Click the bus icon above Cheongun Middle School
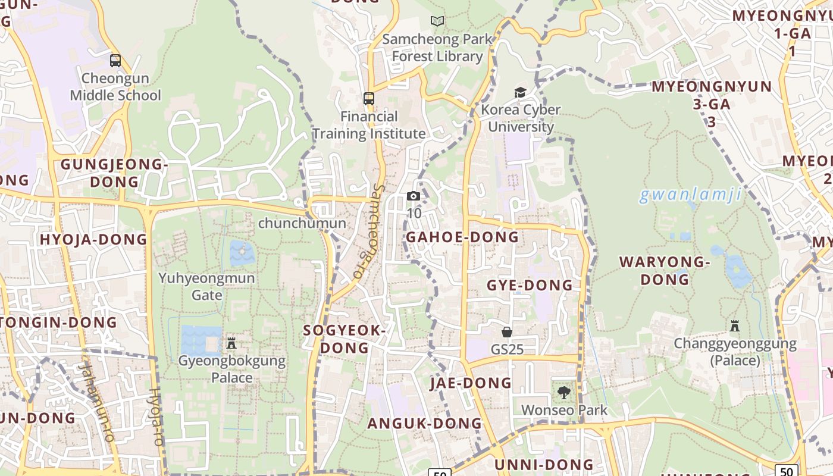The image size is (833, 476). pyautogui.click(x=115, y=61)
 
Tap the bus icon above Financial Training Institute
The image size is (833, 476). pyautogui.click(x=369, y=99)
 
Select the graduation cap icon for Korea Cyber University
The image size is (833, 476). pyautogui.click(x=521, y=92)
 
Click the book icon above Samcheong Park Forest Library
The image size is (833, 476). pyautogui.click(x=437, y=21)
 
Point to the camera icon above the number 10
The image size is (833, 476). pyautogui.click(x=414, y=196)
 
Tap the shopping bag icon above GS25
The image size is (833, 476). pyautogui.click(x=507, y=331)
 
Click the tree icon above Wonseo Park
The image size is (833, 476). pyautogui.click(x=563, y=393)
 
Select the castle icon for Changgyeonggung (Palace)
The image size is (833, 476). pyautogui.click(x=735, y=325)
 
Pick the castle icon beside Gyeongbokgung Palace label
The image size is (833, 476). pyautogui.click(x=231, y=343)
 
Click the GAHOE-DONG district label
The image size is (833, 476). pyautogui.click(x=462, y=237)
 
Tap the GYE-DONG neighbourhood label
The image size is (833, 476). pyautogui.click(x=530, y=285)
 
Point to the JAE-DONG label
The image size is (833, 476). pyautogui.click(x=471, y=383)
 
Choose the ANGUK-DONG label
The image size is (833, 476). pyautogui.click(x=424, y=423)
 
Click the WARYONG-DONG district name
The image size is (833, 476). pyautogui.click(x=665, y=270)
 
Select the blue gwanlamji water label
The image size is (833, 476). pyautogui.click(x=690, y=194)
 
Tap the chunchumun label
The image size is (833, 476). pyautogui.click(x=302, y=223)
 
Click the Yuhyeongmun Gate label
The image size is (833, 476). pyautogui.click(x=206, y=286)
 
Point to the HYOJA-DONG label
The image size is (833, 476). pyautogui.click(x=93, y=239)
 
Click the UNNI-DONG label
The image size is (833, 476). pyautogui.click(x=544, y=464)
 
